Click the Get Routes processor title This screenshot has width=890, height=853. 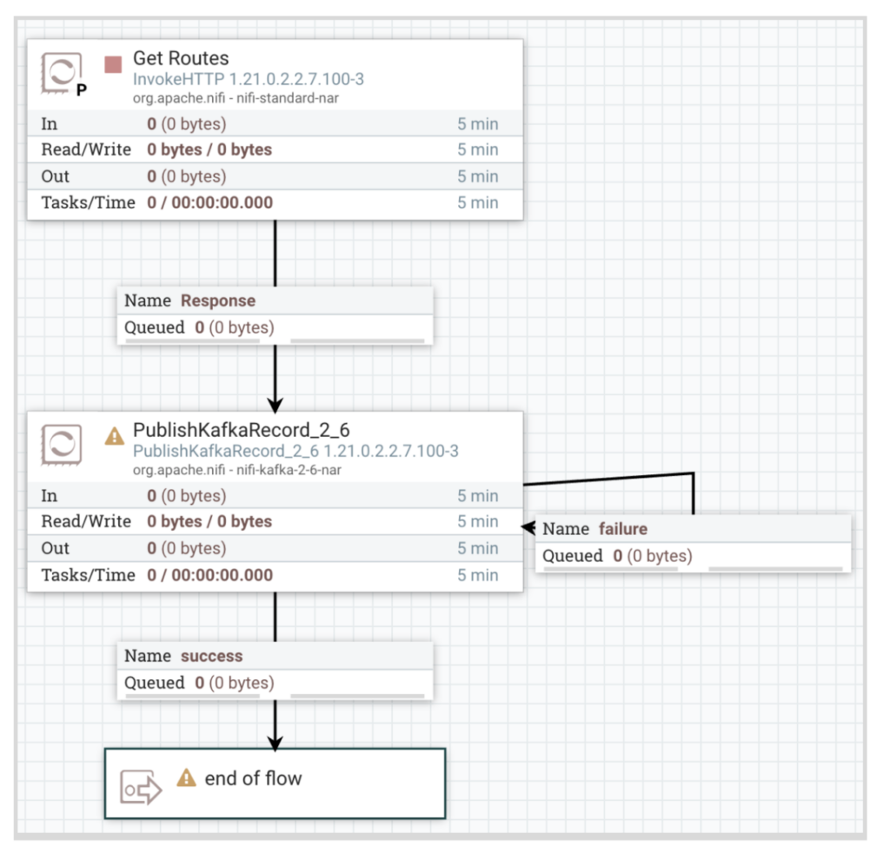(x=181, y=59)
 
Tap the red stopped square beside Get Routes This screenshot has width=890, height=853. (x=113, y=64)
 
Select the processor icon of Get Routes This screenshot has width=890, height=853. (x=62, y=75)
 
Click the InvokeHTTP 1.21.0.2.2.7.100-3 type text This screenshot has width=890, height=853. (x=248, y=80)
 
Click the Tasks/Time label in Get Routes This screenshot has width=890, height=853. (x=89, y=203)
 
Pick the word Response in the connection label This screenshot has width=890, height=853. (x=218, y=301)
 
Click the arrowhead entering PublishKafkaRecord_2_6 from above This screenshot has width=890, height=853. (x=276, y=405)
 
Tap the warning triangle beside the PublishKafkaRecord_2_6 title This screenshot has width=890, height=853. (x=115, y=436)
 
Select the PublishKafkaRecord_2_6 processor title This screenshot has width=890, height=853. (x=241, y=431)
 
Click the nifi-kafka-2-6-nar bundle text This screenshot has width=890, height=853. (x=236, y=470)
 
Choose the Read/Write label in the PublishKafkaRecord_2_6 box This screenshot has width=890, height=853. (x=86, y=522)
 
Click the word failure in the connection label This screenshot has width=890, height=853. (x=623, y=529)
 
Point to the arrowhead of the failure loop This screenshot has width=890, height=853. (x=528, y=527)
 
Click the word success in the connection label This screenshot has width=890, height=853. (x=211, y=657)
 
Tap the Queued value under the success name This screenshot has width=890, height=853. (x=234, y=684)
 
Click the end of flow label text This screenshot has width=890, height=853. (x=253, y=778)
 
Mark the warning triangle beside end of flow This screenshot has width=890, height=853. (x=186, y=778)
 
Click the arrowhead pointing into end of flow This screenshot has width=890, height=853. (x=276, y=744)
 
